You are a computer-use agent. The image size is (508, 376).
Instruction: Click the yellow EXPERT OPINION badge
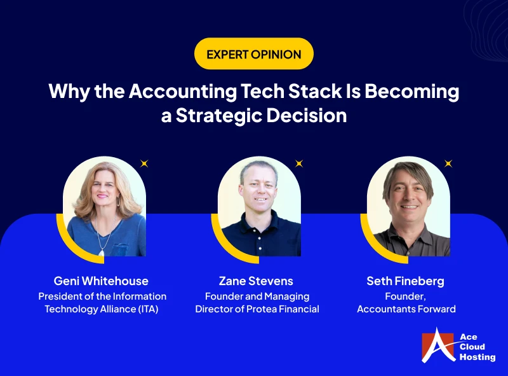coord(254,54)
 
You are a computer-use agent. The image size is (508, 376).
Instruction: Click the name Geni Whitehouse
coord(102,281)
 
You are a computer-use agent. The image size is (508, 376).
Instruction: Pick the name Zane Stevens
coord(257,281)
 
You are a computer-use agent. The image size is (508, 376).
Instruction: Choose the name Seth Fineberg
coord(406,281)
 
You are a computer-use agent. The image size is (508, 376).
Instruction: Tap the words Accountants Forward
coord(406,309)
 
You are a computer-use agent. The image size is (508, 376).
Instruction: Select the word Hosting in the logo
coord(478,357)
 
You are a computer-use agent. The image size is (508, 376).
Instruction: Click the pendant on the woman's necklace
coord(102,252)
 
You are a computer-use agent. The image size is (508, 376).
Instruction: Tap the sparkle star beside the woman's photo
coord(144,164)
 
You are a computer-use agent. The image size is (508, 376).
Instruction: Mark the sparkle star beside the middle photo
coord(298,164)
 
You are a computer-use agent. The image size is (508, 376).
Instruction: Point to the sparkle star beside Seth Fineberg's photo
coord(448,164)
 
